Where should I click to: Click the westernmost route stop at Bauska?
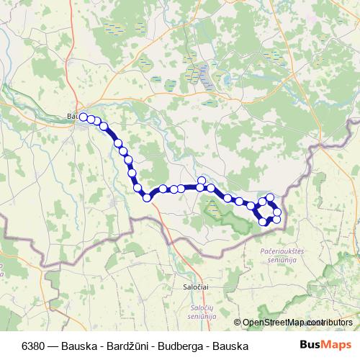pyautogui.click(x=84, y=117)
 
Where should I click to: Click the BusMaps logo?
pyautogui.click(x=326, y=345)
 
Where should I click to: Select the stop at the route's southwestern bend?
pyautogui.click(x=147, y=197)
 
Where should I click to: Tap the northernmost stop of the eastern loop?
pyautogui.click(x=270, y=197)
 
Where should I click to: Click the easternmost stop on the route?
pyautogui.click(x=277, y=212)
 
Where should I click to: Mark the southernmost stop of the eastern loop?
pyautogui.click(x=264, y=222)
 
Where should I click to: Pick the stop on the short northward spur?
pyautogui.click(x=202, y=181)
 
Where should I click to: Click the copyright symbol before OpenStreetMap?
pyautogui.click(x=239, y=323)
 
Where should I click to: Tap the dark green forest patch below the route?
pyautogui.click(x=216, y=213)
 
